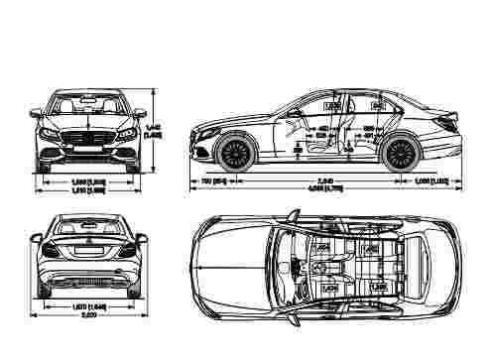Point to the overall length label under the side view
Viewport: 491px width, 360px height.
319,189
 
